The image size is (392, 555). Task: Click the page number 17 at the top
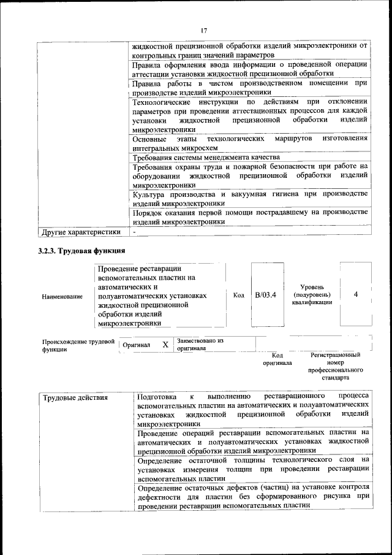pos(204,30)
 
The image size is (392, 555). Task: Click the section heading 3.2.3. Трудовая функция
pos(81,251)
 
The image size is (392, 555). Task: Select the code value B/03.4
pos(266,295)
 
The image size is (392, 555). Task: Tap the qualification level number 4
pos(356,295)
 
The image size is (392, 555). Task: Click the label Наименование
pos(62,297)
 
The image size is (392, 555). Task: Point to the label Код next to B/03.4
pos(239,295)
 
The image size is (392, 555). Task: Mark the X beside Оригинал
pos(165,345)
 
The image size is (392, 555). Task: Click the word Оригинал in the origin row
pos(136,345)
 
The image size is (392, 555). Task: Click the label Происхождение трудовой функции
pos(78,345)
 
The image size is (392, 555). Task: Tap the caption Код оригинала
pos(277,359)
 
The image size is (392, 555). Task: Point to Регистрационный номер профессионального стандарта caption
pos(335,367)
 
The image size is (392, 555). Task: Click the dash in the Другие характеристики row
pos(134,232)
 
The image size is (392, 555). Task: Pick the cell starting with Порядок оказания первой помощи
pos(249,216)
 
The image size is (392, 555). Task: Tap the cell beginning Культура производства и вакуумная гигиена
pos(249,198)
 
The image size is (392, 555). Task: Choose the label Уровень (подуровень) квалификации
pos(313,295)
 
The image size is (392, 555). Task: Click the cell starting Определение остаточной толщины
pos(253,469)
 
